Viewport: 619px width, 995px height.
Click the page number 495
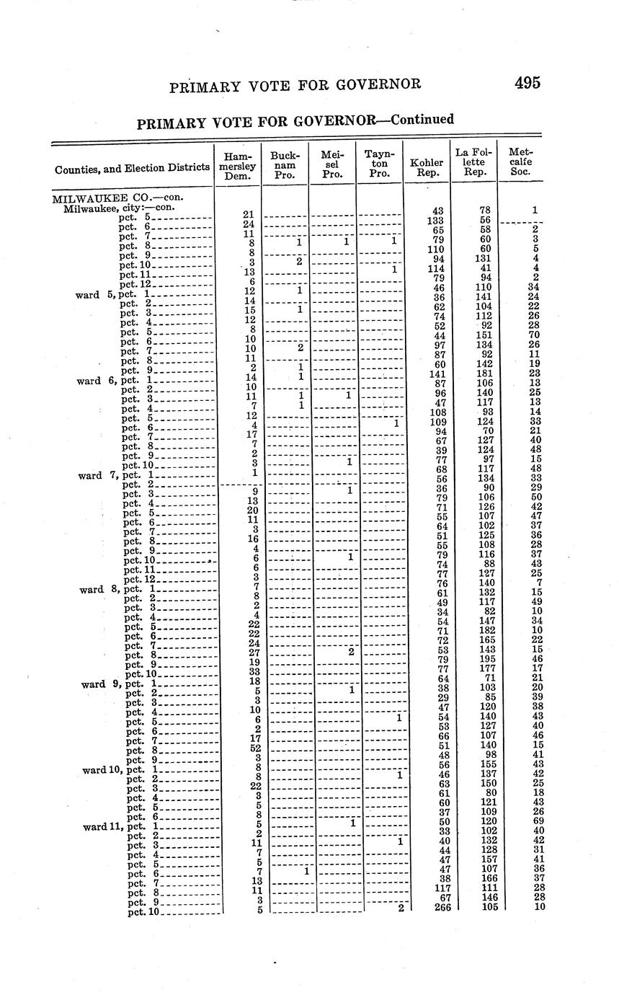(527, 82)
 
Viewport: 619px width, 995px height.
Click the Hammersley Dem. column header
(238, 166)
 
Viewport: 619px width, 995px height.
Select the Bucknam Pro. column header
(285, 165)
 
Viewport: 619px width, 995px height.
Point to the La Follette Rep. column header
(474, 162)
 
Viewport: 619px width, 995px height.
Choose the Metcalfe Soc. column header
(520, 162)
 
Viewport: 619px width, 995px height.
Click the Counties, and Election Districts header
(132, 169)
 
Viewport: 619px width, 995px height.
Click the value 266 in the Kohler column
(442, 908)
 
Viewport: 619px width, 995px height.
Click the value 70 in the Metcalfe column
(533, 335)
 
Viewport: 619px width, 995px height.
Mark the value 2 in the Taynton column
(400, 907)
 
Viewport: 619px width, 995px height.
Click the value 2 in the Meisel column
(351, 651)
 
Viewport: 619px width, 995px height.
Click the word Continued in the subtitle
(419, 119)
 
